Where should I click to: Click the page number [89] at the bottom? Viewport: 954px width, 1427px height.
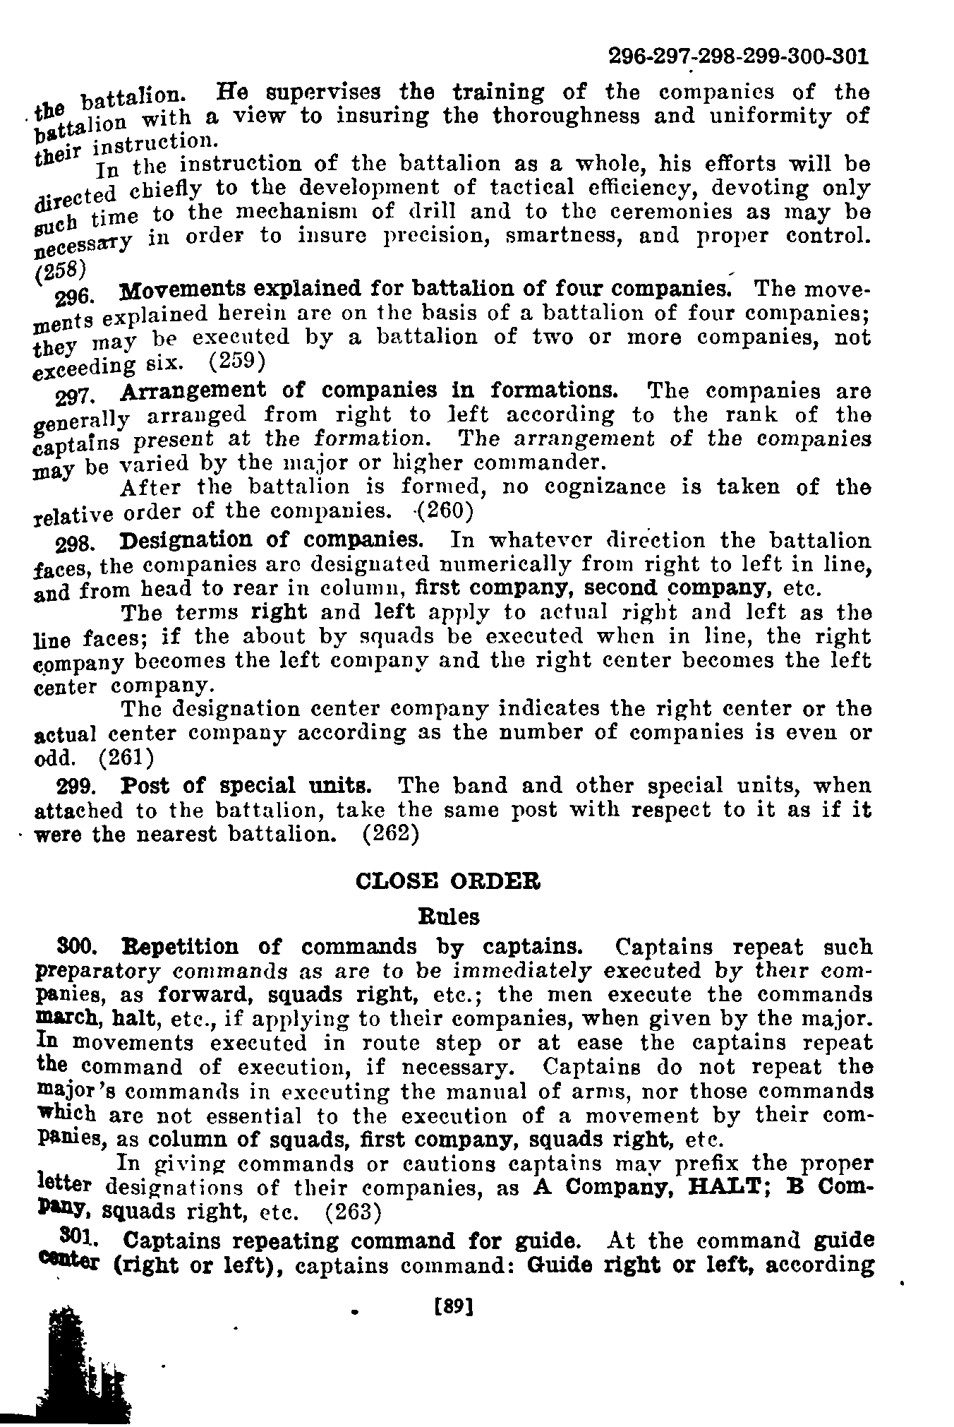(454, 1307)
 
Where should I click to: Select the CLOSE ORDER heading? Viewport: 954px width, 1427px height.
(448, 881)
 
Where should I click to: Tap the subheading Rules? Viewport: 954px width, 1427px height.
(449, 916)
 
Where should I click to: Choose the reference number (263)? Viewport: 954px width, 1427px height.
(353, 1212)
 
